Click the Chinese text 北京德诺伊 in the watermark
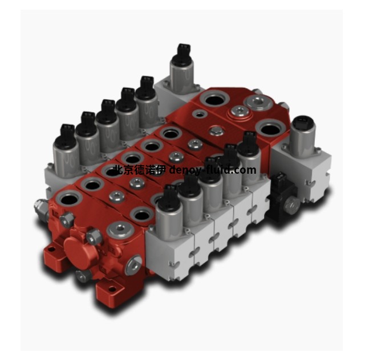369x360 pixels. [x=140, y=169]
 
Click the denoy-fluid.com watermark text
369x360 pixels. [x=213, y=169]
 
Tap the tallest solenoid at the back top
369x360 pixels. [x=182, y=69]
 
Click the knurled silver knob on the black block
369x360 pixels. [x=292, y=206]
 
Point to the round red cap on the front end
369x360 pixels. [x=81, y=252]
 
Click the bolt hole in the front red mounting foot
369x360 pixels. [x=112, y=288]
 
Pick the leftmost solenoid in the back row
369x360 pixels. [x=66, y=152]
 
